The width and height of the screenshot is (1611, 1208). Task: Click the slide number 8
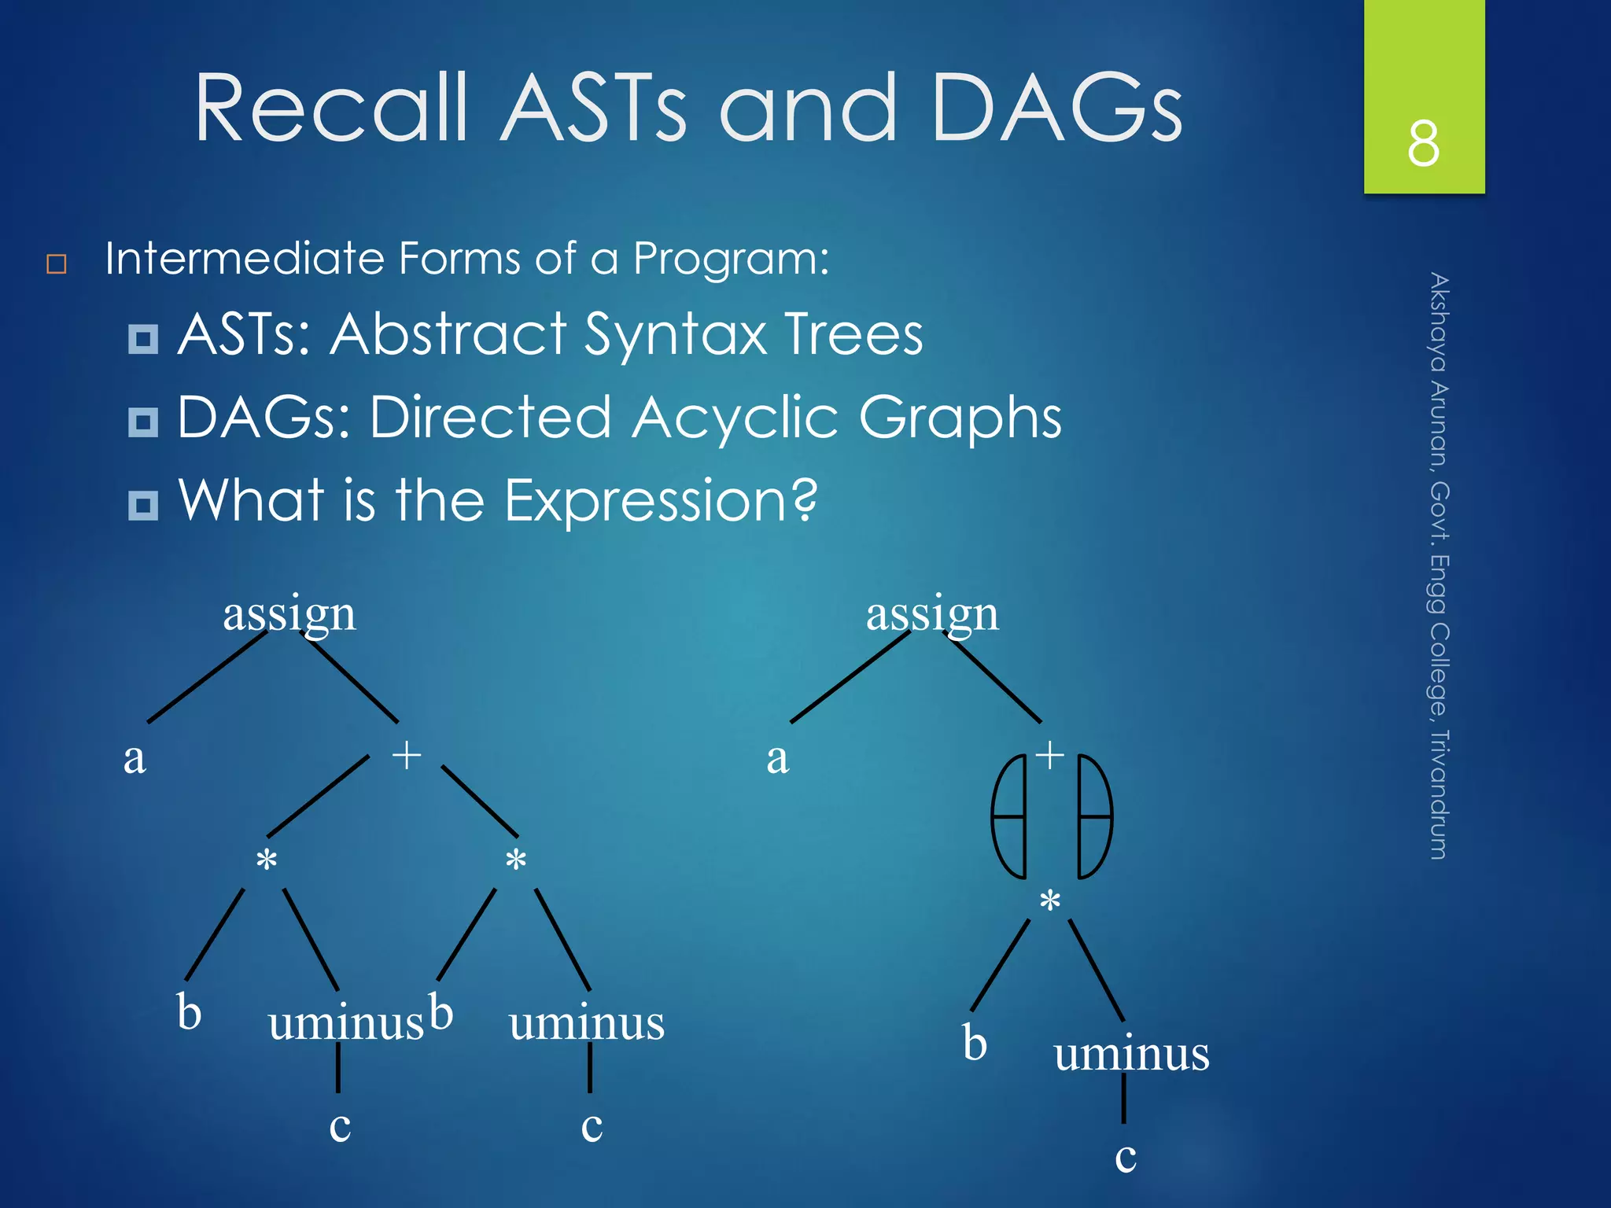tap(1423, 144)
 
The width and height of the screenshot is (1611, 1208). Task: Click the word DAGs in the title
tap(1056, 108)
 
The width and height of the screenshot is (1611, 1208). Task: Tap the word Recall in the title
tap(331, 108)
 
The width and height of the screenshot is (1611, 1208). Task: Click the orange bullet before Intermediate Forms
tap(57, 263)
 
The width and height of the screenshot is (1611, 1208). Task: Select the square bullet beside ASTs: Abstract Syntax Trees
tap(142, 339)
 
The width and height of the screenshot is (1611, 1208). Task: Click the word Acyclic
tap(735, 418)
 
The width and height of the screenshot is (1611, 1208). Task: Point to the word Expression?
tap(661, 501)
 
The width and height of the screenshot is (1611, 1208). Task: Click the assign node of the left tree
tap(289, 614)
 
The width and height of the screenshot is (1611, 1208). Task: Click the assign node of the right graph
tap(932, 614)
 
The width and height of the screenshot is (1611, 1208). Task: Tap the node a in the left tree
tap(135, 759)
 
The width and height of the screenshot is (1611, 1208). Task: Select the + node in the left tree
tap(407, 755)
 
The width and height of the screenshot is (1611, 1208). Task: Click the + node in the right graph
tap(1049, 755)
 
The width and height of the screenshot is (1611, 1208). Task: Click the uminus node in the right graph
tap(1131, 1054)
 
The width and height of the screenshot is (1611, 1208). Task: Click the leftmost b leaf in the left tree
tap(189, 1012)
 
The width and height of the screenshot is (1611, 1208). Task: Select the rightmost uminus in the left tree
tap(586, 1024)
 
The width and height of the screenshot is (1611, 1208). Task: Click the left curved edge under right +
tap(1008, 816)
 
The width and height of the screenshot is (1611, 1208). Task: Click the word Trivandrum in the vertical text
tap(1439, 794)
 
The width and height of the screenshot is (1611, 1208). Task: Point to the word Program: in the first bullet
tap(731, 260)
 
